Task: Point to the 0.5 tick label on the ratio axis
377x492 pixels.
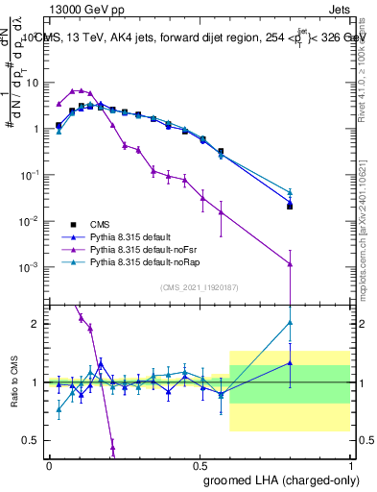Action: point(29,440)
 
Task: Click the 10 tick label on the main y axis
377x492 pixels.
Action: point(29,83)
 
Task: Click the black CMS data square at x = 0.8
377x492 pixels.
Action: point(290,206)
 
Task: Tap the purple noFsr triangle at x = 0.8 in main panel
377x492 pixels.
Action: point(290,263)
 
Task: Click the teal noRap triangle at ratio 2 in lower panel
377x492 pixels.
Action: point(290,323)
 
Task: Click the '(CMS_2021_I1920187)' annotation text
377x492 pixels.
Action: point(199,286)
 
